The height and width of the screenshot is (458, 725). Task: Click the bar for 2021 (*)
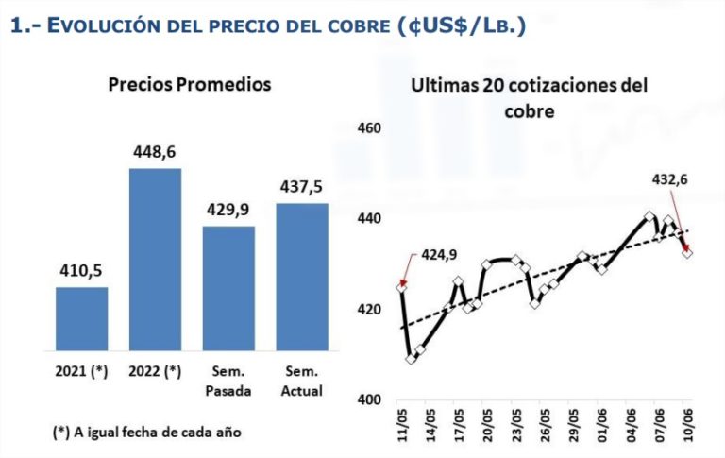pos(81,319)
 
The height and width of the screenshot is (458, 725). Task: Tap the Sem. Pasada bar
pos(228,289)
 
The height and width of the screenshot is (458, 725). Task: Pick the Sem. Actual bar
pos(302,277)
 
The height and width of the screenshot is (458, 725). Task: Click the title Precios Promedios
pos(190,84)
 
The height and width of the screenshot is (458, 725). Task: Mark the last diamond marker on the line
pos(687,252)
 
